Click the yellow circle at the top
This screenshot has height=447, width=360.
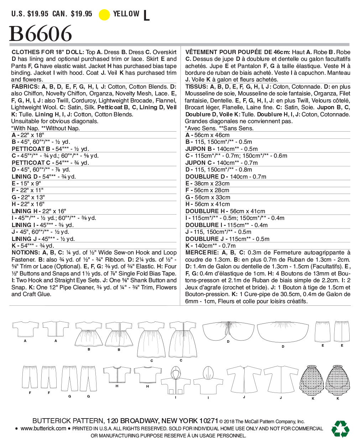pyautogui.click(x=104, y=15)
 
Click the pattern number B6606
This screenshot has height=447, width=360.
pyautogui.click(x=40, y=34)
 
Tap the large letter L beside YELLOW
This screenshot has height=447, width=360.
pyautogui.click(x=146, y=15)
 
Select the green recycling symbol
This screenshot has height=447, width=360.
pyautogui.click(x=340, y=428)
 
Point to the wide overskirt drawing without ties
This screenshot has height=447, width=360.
pyautogui.click(x=283, y=331)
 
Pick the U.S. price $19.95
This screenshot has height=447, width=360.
pyautogui.click(x=30, y=14)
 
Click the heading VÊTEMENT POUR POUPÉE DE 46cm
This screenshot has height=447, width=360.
pyautogui.click(x=238, y=52)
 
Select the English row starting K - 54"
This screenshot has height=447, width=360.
pyautogui.click(x=33, y=246)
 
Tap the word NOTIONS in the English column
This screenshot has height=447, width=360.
pyautogui.click(x=25, y=253)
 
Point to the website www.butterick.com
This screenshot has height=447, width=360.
pyautogui.click(x=43, y=428)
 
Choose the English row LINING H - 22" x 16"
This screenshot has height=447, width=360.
pyautogui.click(x=39, y=211)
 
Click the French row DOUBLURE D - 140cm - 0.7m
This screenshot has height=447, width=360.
pyautogui.click(x=226, y=177)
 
